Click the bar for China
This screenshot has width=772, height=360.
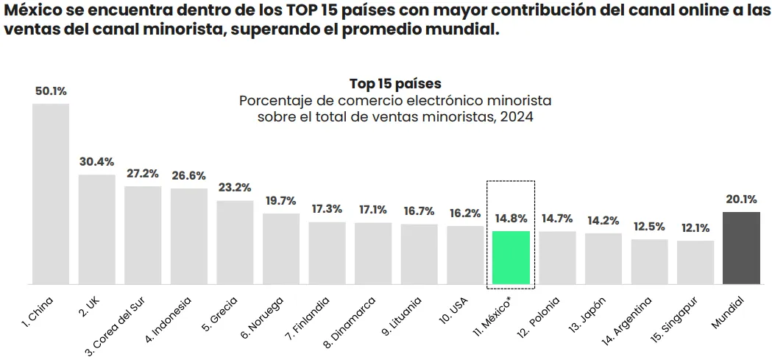50,194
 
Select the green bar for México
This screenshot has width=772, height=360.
511,258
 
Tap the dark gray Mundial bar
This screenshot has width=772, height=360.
741,248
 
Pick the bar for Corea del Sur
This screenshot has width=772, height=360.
143,235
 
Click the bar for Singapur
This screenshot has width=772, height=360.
695,262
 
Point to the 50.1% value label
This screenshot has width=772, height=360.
51,91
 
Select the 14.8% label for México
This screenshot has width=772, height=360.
511,219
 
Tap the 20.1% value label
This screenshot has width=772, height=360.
741,199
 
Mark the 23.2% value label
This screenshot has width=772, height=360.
235,188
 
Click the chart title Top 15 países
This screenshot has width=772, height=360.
395,83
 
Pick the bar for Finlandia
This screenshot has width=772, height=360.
327,253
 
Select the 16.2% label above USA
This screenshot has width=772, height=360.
465,213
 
